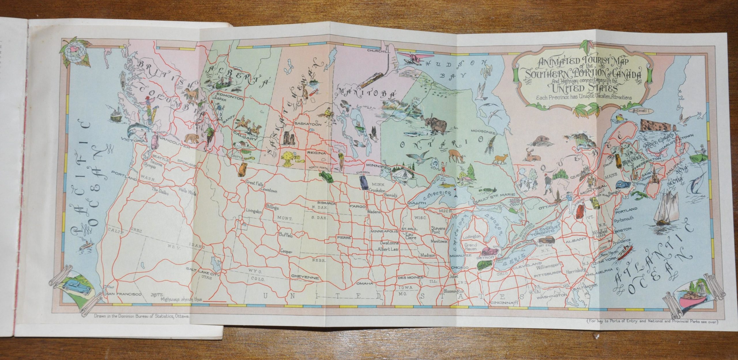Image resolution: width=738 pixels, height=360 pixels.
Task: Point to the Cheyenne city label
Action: [x=305, y=277]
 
